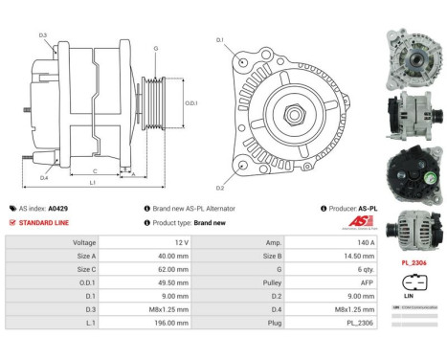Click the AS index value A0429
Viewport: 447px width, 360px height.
point(59,207)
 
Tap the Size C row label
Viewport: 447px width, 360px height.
point(83,271)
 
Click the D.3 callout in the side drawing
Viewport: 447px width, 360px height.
point(43,35)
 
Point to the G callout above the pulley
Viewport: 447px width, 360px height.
point(156,48)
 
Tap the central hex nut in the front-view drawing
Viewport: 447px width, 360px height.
point(288,109)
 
